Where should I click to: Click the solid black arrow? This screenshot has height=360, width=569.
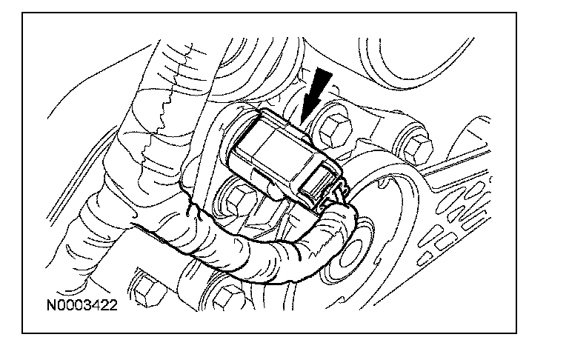pos(316,95)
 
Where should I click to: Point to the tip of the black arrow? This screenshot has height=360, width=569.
pos(302,122)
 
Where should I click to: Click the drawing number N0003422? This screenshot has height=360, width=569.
pos(82,305)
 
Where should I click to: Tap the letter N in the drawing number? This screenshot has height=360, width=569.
pos(52,305)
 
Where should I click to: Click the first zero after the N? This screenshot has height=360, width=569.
pos(61,305)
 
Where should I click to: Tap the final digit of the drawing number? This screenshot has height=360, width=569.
pos(113,305)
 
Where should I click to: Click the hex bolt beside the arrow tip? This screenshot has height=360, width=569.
pos(335,129)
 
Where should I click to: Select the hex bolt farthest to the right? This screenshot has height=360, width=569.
pos(418,149)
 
